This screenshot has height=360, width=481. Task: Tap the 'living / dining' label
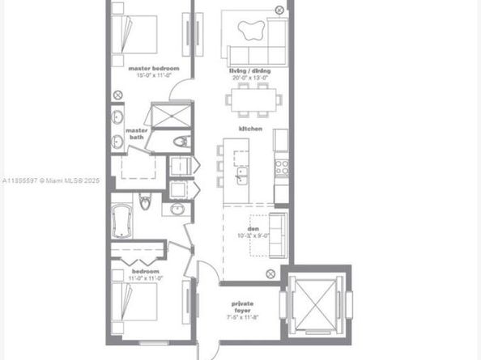coord(251,71)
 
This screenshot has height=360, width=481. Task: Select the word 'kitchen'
coord(249,129)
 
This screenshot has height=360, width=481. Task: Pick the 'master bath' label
coord(136,133)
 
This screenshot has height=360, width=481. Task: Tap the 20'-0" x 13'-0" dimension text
coord(251,79)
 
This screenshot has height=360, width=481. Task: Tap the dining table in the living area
coord(253,100)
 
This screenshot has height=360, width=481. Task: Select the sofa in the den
coord(278,233)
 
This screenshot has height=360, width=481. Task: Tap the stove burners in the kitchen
coord(282,167)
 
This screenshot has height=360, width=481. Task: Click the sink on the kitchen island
coord(240,173)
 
